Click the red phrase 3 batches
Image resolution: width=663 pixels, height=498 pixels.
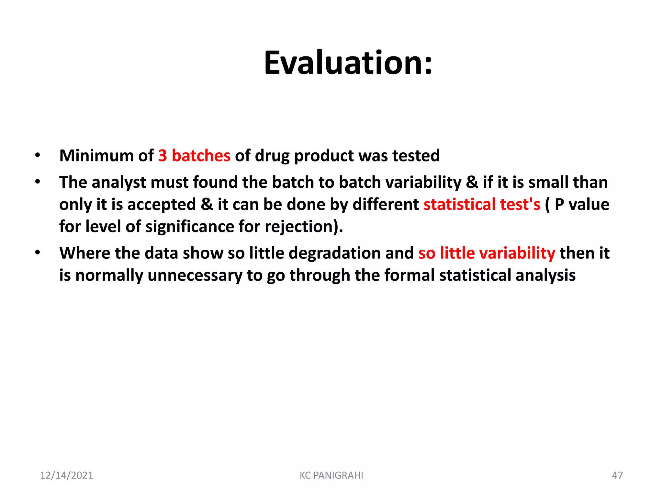pos(194,156)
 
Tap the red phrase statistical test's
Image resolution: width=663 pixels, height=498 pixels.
pos(482,205)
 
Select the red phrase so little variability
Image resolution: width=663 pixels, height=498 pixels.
pos(487,253)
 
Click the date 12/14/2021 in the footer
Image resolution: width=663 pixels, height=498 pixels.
pos(66,475)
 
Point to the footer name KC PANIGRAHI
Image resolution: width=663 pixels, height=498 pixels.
pos(331,475)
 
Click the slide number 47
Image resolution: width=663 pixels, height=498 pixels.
pos(617,475)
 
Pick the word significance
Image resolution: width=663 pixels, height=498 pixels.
pos(190,227)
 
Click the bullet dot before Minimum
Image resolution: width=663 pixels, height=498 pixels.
pos(38,155)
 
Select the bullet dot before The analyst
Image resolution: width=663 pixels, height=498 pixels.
pos(38,182)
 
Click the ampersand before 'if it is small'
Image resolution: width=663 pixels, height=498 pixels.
pos(472,183)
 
